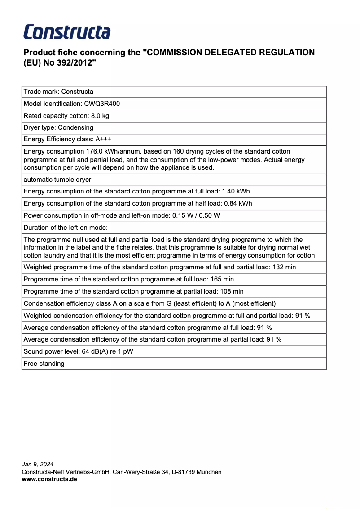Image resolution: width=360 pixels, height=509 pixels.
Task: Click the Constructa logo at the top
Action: click(x=67, y=32)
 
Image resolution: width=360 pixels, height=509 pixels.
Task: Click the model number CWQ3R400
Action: click(x=102, y=104)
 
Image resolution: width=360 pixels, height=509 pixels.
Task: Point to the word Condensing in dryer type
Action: click(x=75, y=127)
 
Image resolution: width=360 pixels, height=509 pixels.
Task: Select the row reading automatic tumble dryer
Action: click(x=57, y=180)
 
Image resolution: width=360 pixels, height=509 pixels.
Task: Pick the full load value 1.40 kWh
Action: click(x=236, y=192)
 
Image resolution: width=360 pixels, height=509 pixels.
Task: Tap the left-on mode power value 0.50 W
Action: click(x=210, y=215)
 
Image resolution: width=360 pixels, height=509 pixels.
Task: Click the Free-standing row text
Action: click(x=44, y=364)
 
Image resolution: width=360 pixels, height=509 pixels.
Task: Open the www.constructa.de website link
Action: click(x=49, y=479)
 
